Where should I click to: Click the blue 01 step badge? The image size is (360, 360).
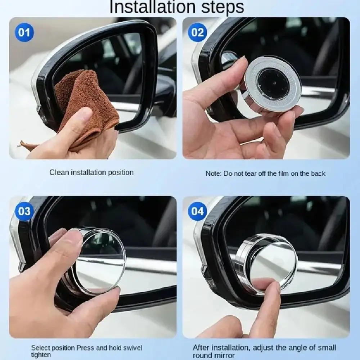point(24,33)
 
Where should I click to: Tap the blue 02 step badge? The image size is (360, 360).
point(197,33)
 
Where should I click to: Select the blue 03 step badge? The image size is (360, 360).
point(24,211)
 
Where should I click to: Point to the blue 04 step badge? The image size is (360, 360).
point(197,211)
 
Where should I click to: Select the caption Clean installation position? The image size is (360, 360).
point(91,172)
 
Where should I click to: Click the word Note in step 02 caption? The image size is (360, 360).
point(213,174)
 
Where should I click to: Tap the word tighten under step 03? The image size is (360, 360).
point(41,355)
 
